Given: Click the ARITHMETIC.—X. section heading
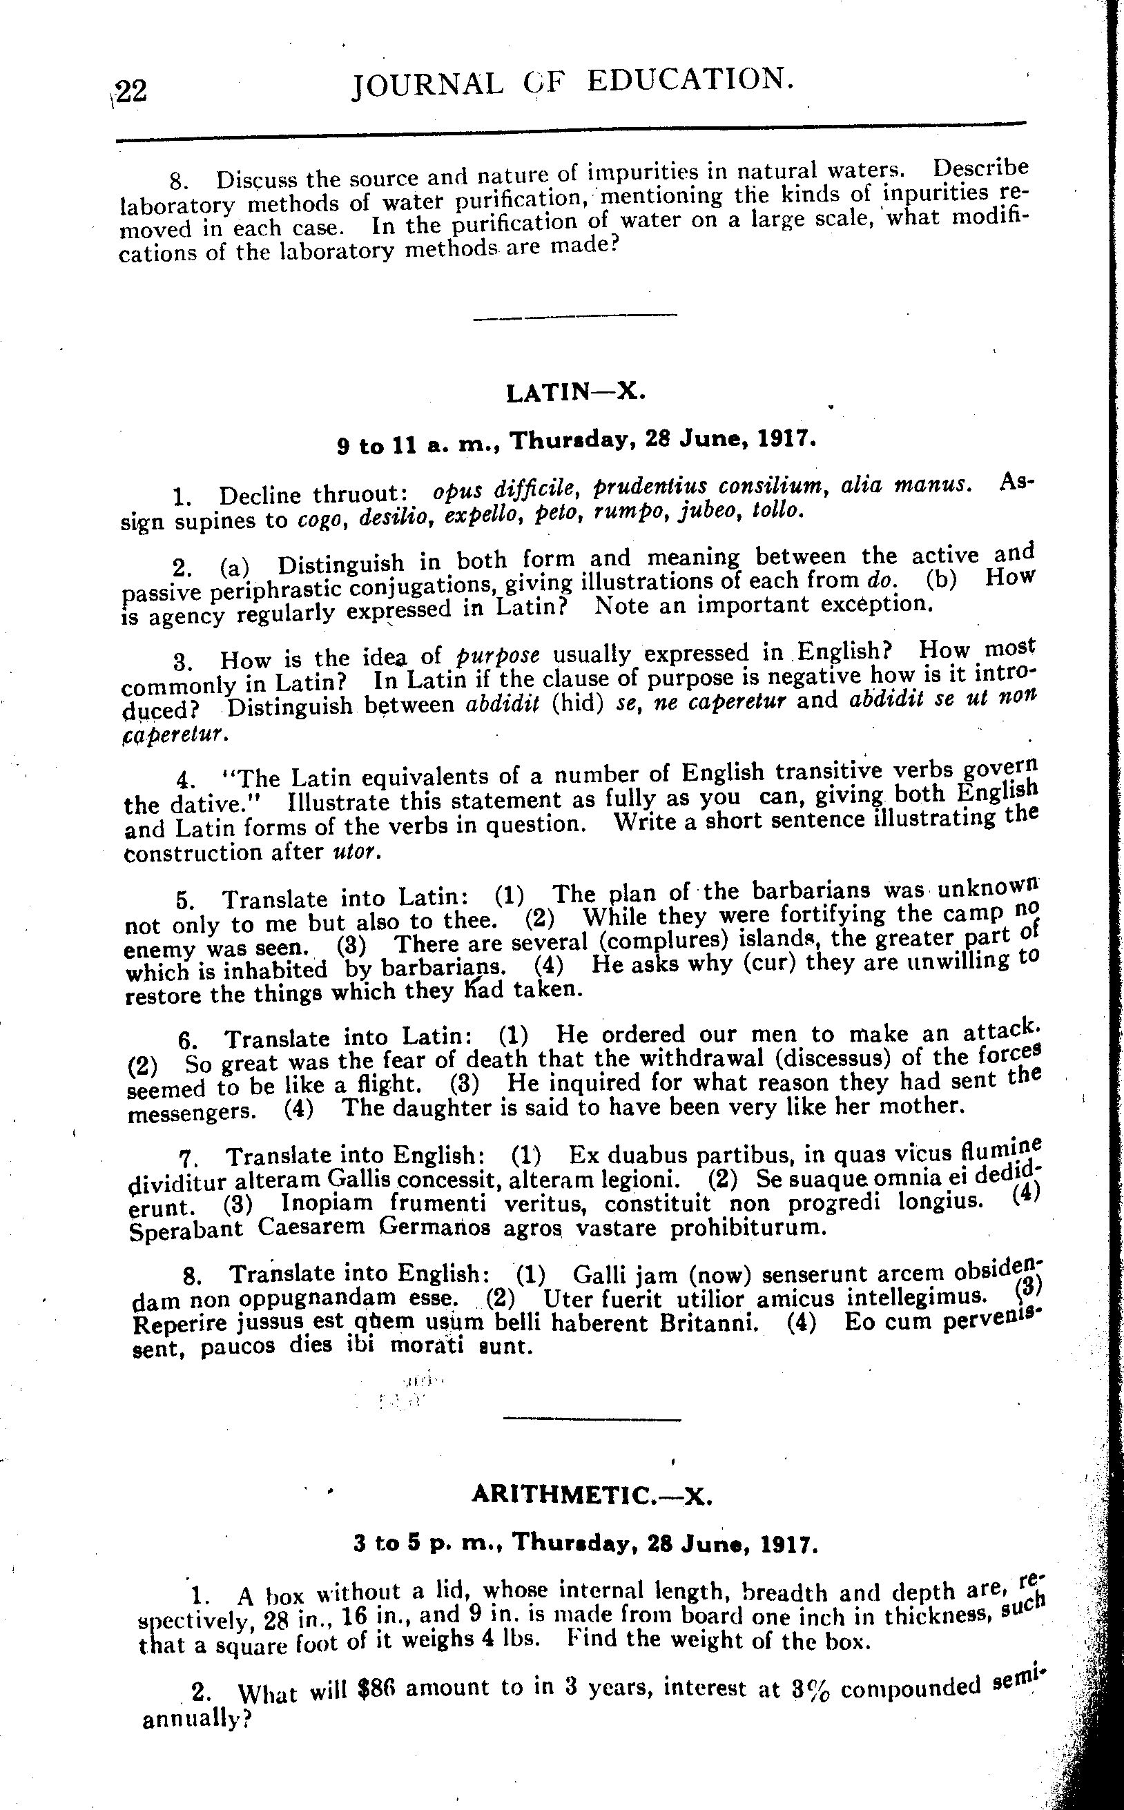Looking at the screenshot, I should click(x=592, y=1496).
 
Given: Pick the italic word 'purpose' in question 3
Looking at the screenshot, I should click(x=497, y=656).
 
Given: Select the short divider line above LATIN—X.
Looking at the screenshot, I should click(x=574, y=318).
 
